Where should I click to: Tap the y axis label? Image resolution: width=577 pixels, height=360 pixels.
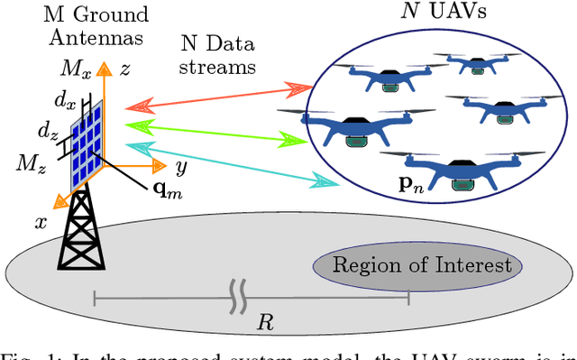coord(180,167)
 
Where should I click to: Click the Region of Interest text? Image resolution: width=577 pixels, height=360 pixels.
coord(422,264)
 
